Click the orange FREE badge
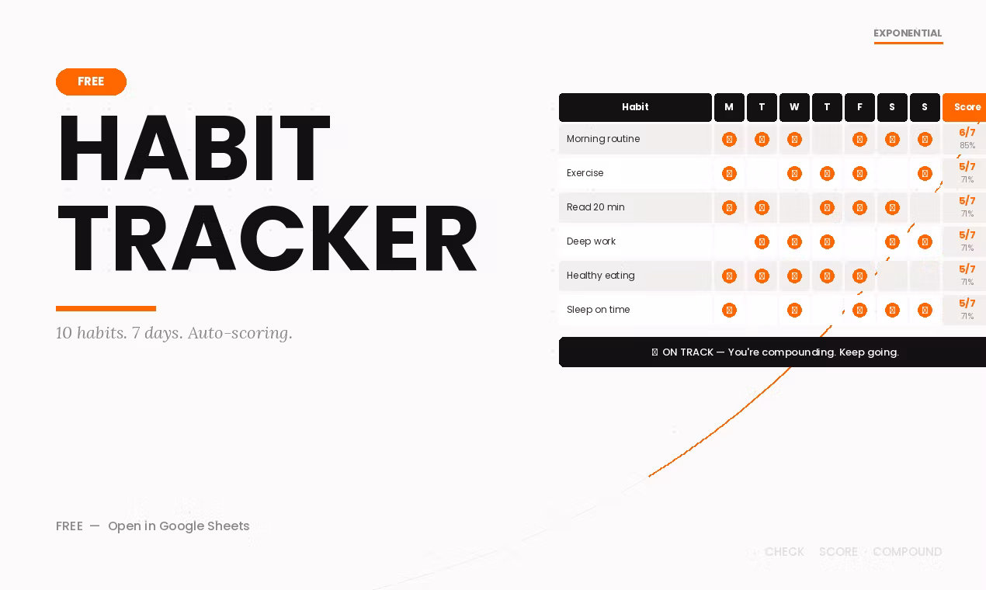point(91,82)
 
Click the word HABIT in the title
point(193,148)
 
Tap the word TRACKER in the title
point(267,238)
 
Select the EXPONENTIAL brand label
point(908,33)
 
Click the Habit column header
point(635,107)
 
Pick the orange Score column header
point(966,107)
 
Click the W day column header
point(794,107)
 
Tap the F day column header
point(859,107)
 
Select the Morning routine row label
point(603,139)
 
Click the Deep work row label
point(591,241)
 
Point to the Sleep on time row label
point(598,310)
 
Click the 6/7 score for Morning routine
point(967,133)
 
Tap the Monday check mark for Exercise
point(729,173)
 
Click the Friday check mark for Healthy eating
point(859,276)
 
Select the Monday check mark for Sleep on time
point(729,310)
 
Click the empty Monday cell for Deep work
point(729,241)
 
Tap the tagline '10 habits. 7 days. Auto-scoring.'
point(174,333)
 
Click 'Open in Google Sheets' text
point(179,526)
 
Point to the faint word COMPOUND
point(907,552)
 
